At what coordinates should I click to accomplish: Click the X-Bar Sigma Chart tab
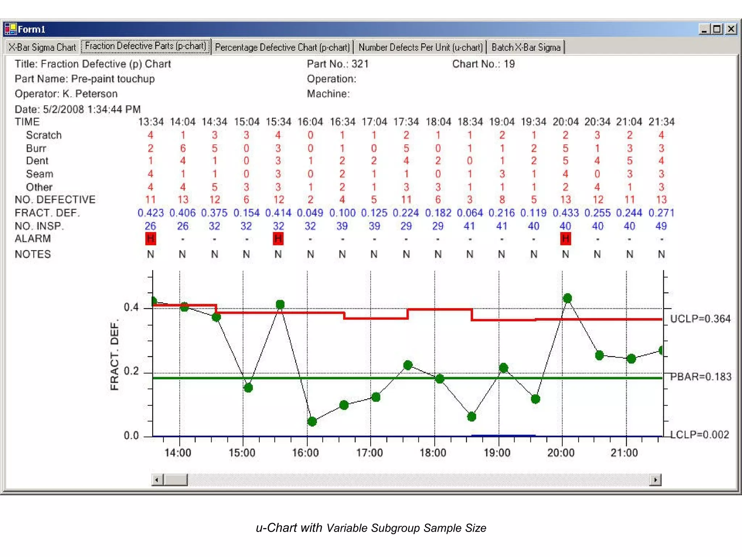[x=42, y=48]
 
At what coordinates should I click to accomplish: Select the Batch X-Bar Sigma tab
[x=526, y=48]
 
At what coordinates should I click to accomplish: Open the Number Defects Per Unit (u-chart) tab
[x=420, y=48]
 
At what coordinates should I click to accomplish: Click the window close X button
[x=731, y=29]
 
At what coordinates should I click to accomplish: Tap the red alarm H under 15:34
[x=278, y=239]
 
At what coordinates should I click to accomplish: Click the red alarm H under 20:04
[x=565, y=239]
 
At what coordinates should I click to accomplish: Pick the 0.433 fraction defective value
[x=565, y=213]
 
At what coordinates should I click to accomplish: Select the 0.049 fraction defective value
[x=310, y=213]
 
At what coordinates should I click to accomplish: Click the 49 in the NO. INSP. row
[x=661, y=226]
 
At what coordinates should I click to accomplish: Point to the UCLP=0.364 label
[x=700, y=319]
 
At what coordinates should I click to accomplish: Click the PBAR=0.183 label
[x=701, y=377]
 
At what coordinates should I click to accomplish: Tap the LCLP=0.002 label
[x=699, y=435]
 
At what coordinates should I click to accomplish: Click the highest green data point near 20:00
[x=567, y=298]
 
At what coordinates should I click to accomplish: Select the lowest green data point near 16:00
[x=312, y=421]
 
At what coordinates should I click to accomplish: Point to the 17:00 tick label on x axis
[x=370, y=453]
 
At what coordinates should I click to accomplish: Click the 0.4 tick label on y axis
[x=131, y=308]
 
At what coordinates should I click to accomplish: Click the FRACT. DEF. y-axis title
[x=114, y=355]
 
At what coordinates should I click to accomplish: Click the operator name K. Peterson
[x=90, y=94]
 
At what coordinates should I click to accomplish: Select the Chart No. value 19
[x=509, y=64]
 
